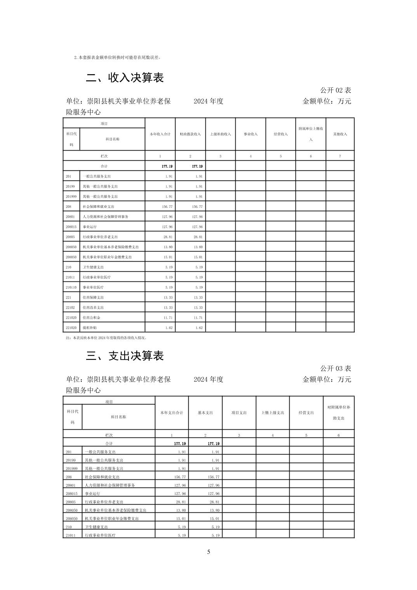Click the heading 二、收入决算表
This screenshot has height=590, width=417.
tap(125, 78)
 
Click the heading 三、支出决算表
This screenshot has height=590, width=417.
tap(125, 356)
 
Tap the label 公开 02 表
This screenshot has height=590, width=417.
tap(335, 90)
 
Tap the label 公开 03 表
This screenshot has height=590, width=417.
tap(335, 368)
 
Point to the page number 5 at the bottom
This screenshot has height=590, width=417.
tap(208, 552)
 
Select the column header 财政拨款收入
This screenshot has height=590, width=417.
tap(190, 134)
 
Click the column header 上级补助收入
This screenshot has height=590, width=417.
tap(220, 134)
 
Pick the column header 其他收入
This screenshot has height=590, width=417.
tap(340, 134)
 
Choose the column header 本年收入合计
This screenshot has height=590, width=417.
tap(160, 134)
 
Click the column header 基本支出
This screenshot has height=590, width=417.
tap(205, 413)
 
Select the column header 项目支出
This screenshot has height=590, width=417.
tap(239, 413)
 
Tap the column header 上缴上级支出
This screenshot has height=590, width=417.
tap(273, 413)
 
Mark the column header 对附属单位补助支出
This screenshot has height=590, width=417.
tap(339, 413)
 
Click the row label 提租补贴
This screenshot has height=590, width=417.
tap(89, 328)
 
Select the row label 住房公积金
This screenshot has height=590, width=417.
tap(91, 318)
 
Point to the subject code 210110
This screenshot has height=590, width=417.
tap(71, 287)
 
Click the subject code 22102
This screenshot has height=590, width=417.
tap(70, 307)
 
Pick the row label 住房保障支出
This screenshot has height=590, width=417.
tap(93, 297)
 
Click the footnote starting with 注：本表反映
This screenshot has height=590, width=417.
tap(106, 338)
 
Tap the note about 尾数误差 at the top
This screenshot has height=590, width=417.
tap(117, 57)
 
